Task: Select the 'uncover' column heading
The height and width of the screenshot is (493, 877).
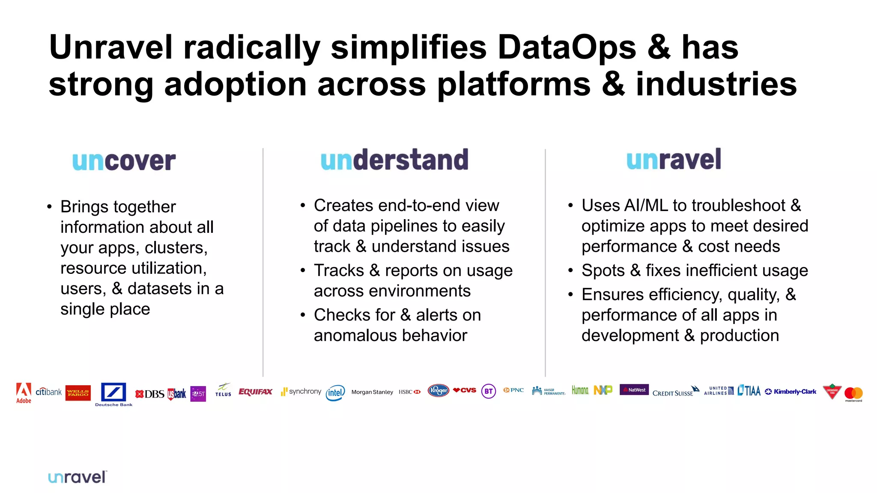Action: pyautogui.click(x=124, y=161)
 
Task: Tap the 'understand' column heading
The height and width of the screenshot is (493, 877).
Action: pyautogui.click(x=394, y=160)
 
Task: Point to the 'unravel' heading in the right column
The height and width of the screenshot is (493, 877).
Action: pyautogui.click(x=674, y=159)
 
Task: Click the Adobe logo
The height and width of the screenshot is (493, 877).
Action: pyautogui.click(x=24, y=392)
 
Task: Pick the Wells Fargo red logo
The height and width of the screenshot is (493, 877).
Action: pyautogui.click(x=78, y=392)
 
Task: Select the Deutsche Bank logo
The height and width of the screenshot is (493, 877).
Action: pyautogui.click(x=113, y=393)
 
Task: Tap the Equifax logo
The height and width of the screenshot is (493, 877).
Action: pyautogui.click(x=255, y=392)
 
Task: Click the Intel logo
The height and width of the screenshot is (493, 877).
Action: pyautogui.click(x=335, y=392)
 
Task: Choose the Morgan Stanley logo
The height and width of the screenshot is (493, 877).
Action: pyautogui.click(x=372, y=392)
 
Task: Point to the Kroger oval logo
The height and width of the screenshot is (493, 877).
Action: pyautogui.click(x=438, y=390)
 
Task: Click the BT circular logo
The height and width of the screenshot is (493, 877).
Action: pyautogui.click(x=489, y=391)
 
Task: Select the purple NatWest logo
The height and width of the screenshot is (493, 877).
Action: pyautogui.click(x=634, y=389)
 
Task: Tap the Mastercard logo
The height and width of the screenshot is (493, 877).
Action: pyautogui.click(x=853, y=394)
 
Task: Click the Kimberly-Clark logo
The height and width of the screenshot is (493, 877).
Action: pyautogui.click(x=791, y=392)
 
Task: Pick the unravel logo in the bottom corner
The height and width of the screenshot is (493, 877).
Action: pyautogui.click(x=77, y=477)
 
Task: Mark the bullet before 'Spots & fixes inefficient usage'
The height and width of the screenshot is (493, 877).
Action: pyautogui.click(x=570, y=271)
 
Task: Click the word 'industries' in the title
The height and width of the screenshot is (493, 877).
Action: pyautogui.click(x=716, y=85)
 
